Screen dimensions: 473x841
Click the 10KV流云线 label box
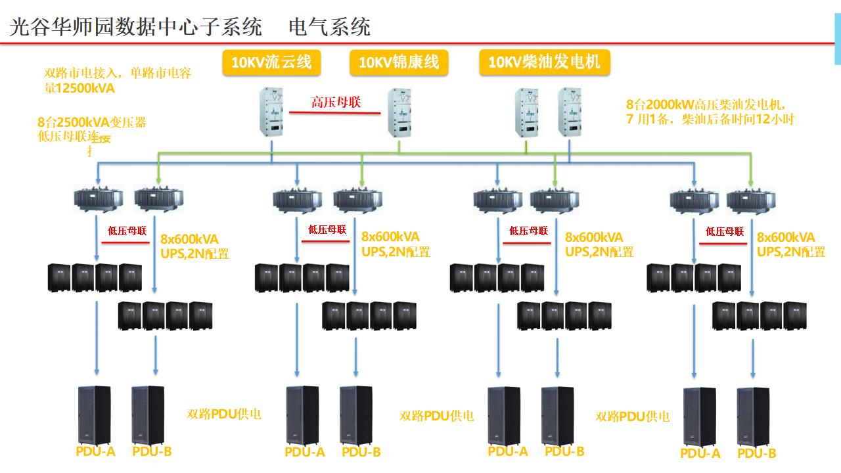click(x=271, y=62)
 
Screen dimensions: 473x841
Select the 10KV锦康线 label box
click(x=398, y=62)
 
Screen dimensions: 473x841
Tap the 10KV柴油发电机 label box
click(x=544, y=62)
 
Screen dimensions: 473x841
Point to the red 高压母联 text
click(x=336, y=102)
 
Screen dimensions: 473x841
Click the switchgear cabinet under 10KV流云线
click(x=272, y=114)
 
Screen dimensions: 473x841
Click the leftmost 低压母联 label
click(x=127, y=231)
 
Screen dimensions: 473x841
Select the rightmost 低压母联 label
click(x=724, y=231)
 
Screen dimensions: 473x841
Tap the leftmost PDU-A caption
click(x=95, y=451)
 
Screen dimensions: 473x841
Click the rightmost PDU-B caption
click(x=756, y=453)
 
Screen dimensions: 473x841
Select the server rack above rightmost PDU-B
click(x=753, y=417)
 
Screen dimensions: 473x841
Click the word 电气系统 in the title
click(x=329, y=27)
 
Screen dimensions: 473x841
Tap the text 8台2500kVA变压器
click(x=92, y=122)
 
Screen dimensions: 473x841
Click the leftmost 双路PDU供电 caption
click(x=224, y=414)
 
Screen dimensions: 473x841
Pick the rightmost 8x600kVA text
click(x=785, y=237)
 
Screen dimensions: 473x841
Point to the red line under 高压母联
click(x=335, y=112)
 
